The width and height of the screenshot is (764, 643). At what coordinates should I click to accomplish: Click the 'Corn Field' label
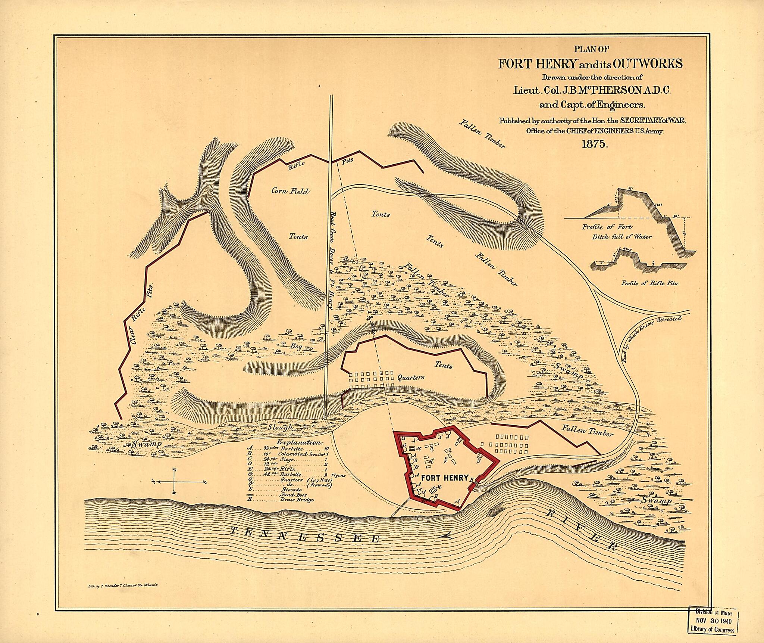[x=290, y=192]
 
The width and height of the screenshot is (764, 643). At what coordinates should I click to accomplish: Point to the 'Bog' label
[x=297, y=346]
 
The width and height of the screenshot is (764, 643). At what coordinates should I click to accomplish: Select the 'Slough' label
[x=281, y=426]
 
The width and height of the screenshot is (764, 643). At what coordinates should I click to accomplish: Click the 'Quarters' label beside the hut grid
[x=410, y=378]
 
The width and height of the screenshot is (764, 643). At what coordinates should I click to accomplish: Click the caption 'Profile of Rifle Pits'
[x=650, y=283]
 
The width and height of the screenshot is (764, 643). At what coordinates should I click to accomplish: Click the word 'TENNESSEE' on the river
[x=304, y=536]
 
